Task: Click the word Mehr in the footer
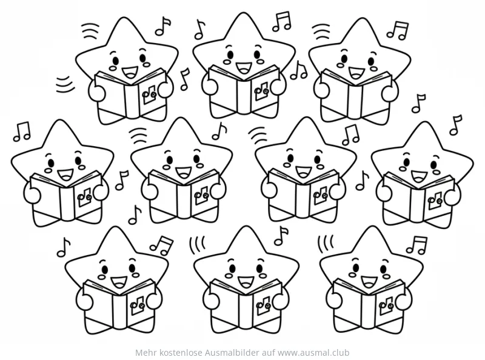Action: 144,353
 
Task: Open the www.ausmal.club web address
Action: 313,353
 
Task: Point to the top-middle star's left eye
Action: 230,55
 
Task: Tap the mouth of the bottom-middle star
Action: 246,281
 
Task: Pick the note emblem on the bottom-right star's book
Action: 386,306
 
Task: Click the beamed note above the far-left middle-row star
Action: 22,132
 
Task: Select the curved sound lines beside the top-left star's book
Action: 65,84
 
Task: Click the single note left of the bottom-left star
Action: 64,247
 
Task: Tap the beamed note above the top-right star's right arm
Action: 398,30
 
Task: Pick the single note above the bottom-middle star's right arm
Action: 281,236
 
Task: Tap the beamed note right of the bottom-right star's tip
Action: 416,245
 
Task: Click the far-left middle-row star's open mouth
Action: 65,175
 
